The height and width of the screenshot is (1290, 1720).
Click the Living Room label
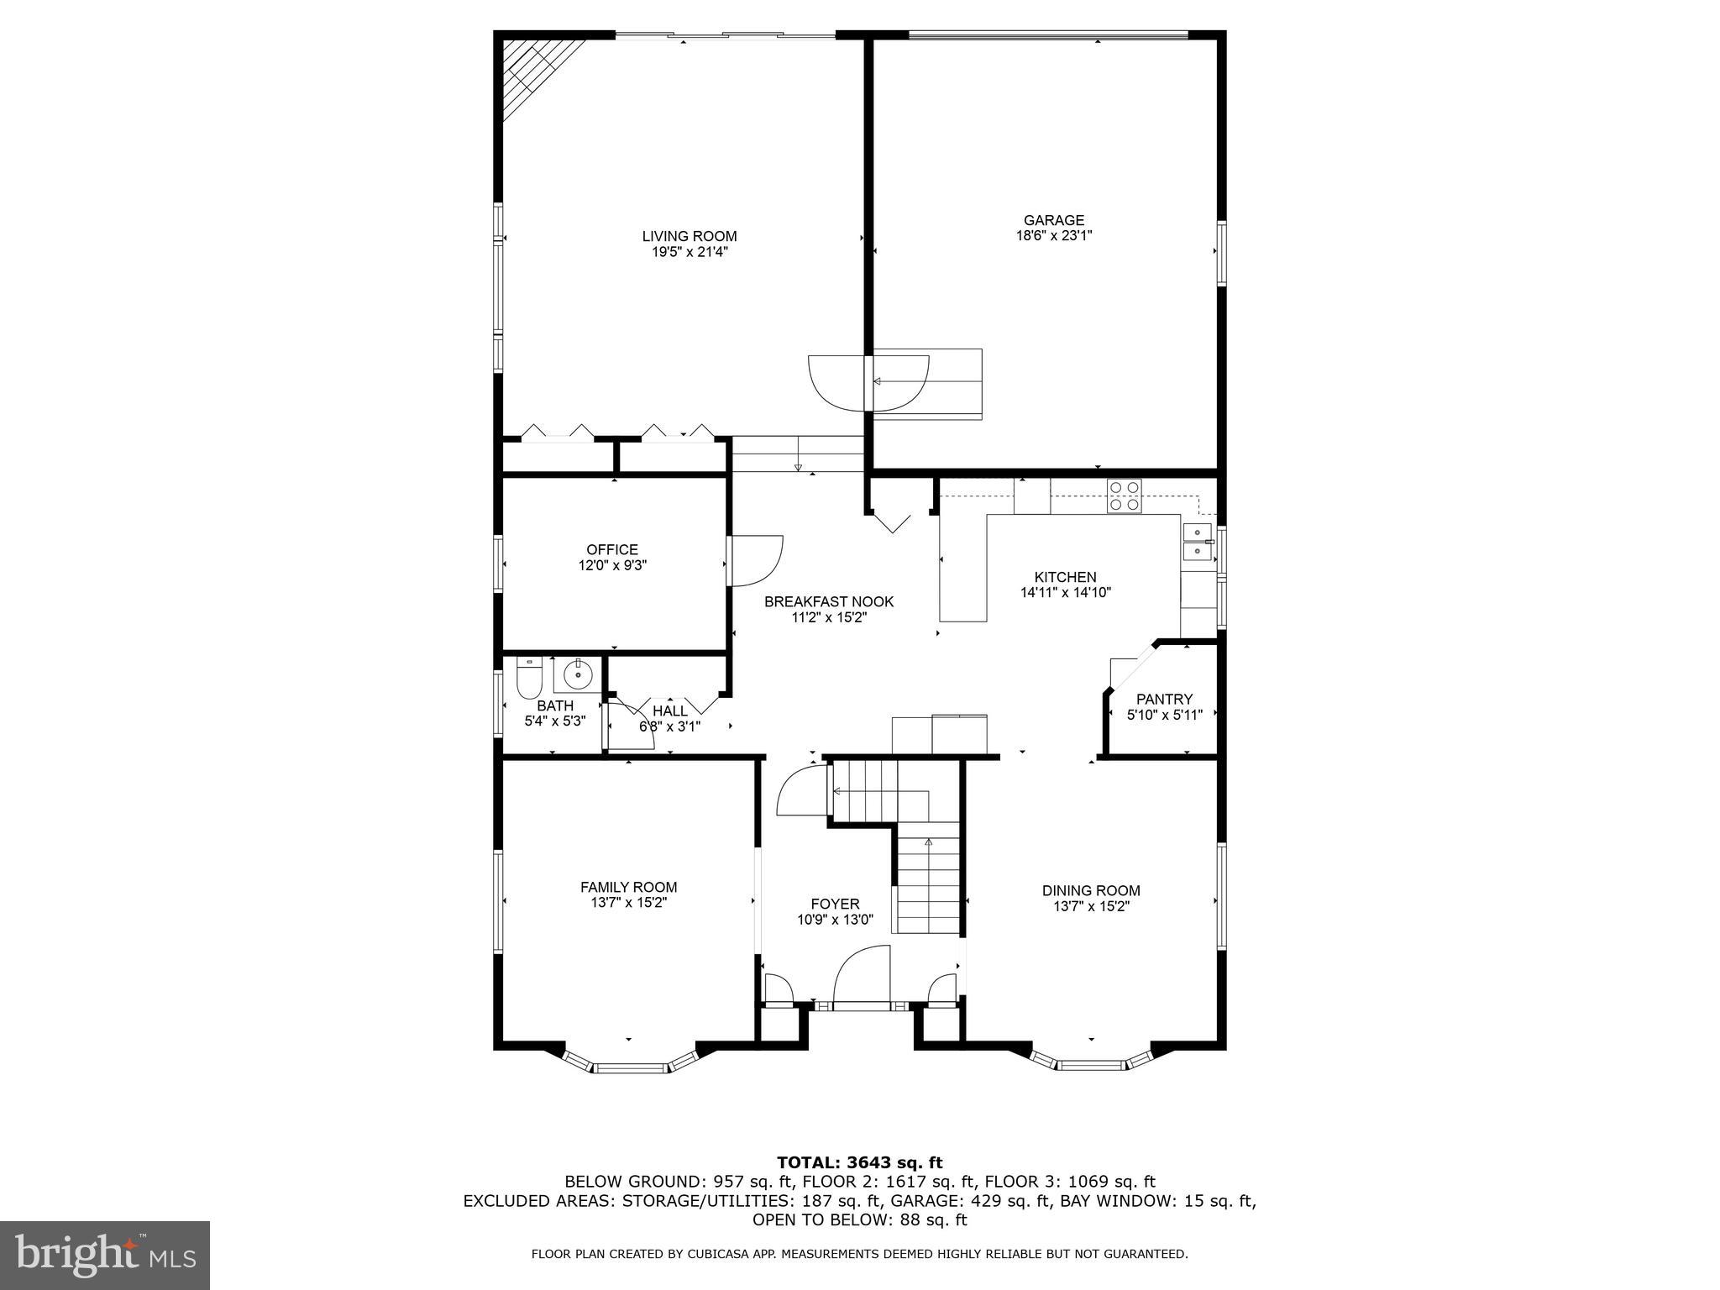[x=689, y=237]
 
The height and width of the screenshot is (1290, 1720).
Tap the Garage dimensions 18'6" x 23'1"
[x=1053, y=236]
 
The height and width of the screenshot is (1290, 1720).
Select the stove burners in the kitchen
[x=1124, y=496]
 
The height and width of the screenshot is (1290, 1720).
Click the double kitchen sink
[x=1197, y=542]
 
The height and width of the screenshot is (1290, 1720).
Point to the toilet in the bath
[x=528, y=679]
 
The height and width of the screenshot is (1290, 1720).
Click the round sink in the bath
[x=578, y=674]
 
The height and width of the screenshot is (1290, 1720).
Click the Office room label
[x=611, y=550]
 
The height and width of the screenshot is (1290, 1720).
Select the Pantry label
[x=1164, y=699]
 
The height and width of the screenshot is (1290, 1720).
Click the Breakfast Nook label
[x=828, y=602]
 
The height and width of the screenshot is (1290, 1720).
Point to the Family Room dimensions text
[x=628, y=903]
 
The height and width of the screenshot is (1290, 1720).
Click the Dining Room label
[x=1090, y=891]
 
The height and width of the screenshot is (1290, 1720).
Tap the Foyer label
[x=835, y=905]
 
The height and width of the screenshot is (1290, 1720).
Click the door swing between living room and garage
[x=840, y=382]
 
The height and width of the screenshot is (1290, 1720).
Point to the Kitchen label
[x=1065, y=578]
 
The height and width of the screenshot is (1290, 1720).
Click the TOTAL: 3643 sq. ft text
[x=859, y=1163]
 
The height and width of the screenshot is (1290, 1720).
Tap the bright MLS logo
[x=105, y=1256]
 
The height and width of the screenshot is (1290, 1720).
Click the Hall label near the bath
[x=669, y=711]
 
